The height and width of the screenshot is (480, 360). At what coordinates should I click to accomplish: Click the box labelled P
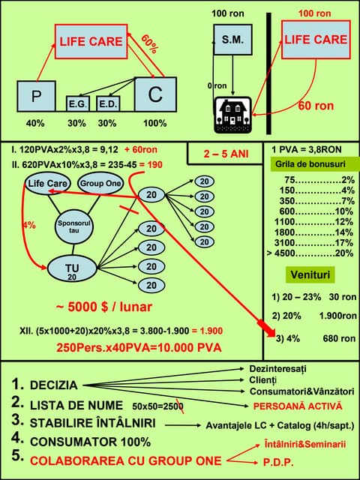point(36,96)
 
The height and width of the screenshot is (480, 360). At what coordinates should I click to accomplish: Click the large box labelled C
point(155,94)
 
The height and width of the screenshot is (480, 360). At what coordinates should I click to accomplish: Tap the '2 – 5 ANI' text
point(224,154)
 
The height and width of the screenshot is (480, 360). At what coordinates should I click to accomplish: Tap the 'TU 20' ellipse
point(73,271)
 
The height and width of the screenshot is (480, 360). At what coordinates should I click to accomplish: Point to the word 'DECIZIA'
point(53,385)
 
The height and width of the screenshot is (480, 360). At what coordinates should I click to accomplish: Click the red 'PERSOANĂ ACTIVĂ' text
point(297,406)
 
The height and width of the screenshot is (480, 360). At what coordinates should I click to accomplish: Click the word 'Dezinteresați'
point(277,369)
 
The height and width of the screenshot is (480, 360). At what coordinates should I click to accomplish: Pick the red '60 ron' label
point(316,106)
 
